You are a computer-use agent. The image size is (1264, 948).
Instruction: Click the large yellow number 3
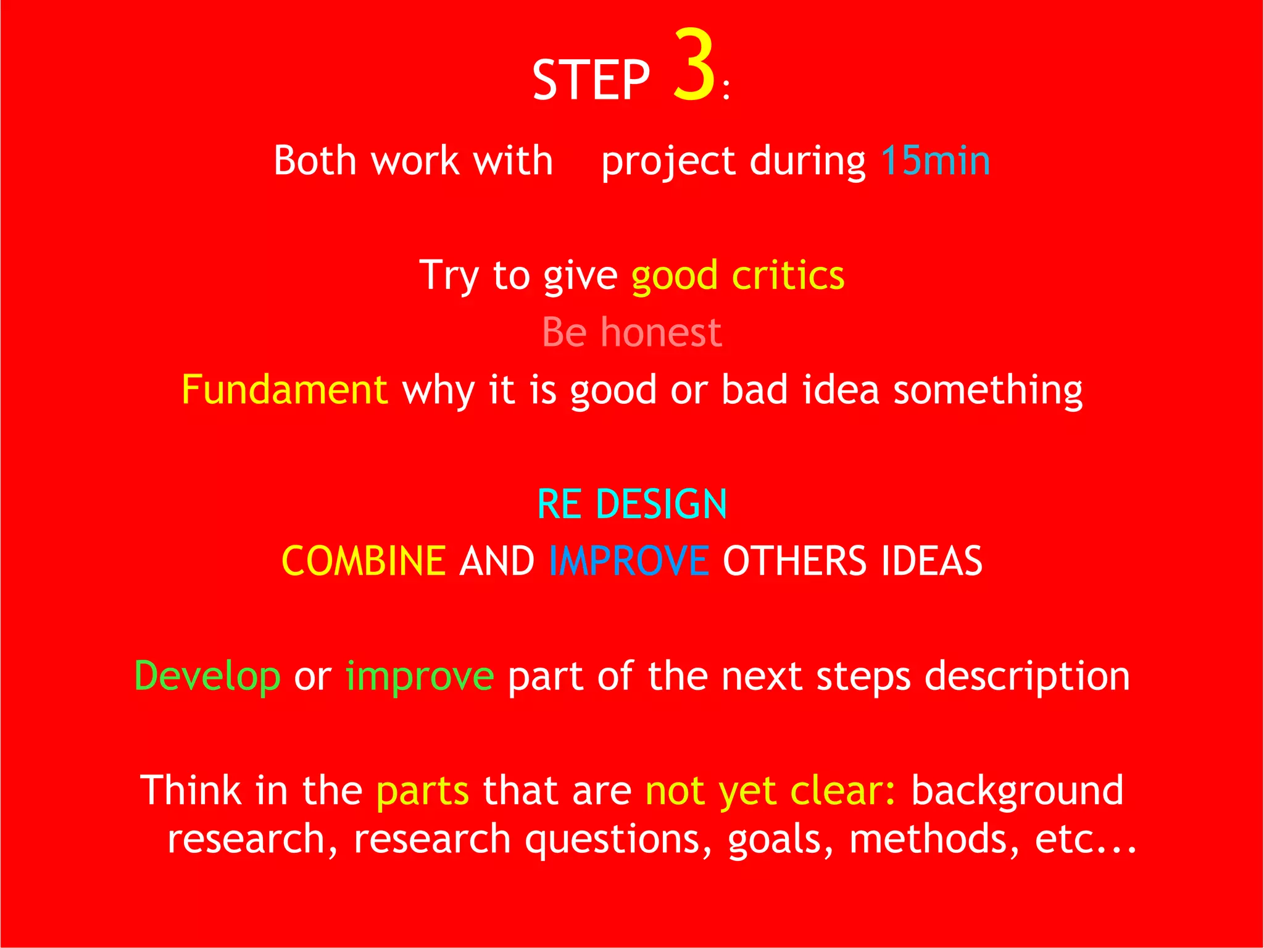pyautogui.click(x=694, y=65)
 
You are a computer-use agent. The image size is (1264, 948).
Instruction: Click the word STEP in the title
pyautogui.click(x=591, y=80)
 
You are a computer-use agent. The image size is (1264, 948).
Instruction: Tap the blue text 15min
pyautogui.click(x=935, y=161)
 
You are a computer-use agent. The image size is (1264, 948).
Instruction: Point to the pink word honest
pyautogui.click(x=661, y=332)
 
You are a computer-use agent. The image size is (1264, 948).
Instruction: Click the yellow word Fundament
pyautogui.click(x=285, y=390)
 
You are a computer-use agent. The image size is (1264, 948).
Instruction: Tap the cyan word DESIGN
pyautogui.click(x=661, y=504)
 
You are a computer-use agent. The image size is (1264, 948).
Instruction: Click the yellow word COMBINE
pyautogui.click(x=364, y=561)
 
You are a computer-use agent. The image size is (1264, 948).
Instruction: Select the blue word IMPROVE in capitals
pyautogui.click(x=628, y=561)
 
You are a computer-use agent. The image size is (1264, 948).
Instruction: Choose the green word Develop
pyautogui.click(x=207, y=676)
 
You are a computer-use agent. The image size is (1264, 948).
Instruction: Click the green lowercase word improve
pyautogui.click(x=420, y=676)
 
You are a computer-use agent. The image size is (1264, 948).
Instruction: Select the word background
pyautogui.click(x=1017, y=792)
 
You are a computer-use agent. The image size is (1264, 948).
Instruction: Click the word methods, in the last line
pyautogui.click(x=934, y=840)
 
